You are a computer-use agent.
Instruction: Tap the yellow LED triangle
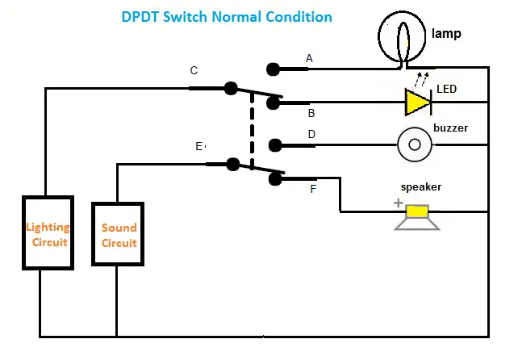tap(417, 102)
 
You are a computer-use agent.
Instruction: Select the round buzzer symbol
tap(415, 144)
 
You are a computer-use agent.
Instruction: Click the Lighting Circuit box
tap(47, 233)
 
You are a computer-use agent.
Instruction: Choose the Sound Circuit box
tap(118, 234)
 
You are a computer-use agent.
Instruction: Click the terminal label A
tap(309, 58)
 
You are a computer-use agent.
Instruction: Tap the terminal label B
tap(311, 115)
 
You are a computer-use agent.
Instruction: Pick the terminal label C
tap(194, 71)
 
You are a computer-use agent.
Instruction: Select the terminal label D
tap(311, 134)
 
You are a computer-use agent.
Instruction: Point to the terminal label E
tap(198, 147)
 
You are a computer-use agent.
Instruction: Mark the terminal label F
tap(313, 190)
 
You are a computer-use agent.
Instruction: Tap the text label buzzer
tap(450, 128)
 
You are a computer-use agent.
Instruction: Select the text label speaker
tap(422, 187)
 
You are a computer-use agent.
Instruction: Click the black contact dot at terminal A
tap(274, 69)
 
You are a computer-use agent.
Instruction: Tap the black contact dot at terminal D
tap(274, 145)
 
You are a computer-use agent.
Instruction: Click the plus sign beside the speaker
tap(398, 204)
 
